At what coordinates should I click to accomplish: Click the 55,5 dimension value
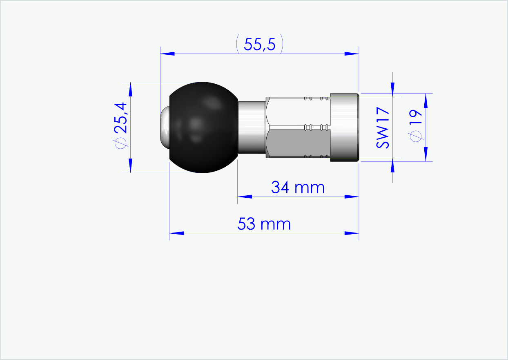[260, 45]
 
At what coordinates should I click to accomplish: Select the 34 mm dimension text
[298, 188]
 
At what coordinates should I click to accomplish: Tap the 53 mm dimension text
[264, 224]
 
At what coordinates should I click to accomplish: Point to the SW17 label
[383, 128]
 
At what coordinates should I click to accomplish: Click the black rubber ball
[203, 127]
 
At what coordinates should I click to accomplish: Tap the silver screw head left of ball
[164, 127]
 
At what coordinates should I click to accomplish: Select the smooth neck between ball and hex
[251, 127]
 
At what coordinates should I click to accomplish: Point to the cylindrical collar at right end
[344, 127]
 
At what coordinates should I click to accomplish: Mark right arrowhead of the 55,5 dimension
[352, 54]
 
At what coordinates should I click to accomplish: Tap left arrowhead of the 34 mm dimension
[245, 197]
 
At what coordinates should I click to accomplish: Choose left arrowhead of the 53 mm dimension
[176, 233]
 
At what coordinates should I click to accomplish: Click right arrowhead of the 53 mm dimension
[352, 233]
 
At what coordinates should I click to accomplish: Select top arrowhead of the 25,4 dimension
[130, 89]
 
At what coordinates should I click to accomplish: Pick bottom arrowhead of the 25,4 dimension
[130, 165]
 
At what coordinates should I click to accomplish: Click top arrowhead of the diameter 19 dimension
[426, 100]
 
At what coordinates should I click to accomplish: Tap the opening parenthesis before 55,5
[238, 45]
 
